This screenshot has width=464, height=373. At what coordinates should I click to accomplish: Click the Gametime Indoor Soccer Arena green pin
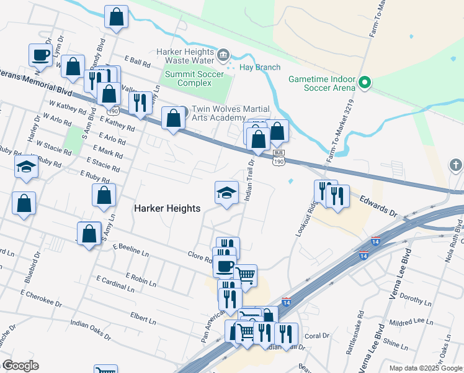click(x=366, y=82)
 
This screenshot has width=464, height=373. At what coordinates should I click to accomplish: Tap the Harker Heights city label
click(x=167, y=209)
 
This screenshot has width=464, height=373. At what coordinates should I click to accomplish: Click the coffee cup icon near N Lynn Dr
click(x=41, y=55)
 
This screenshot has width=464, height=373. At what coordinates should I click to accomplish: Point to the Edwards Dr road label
click(x=379, y=205)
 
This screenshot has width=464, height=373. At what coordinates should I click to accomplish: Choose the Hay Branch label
click(x=260, y=67)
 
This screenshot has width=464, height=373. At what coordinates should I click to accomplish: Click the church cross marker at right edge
click(x=456, y=165)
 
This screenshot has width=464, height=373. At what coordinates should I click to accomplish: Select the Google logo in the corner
click(x=20, y=366)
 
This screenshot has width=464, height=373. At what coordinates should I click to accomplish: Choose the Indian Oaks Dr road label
click(x=91, y=330)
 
